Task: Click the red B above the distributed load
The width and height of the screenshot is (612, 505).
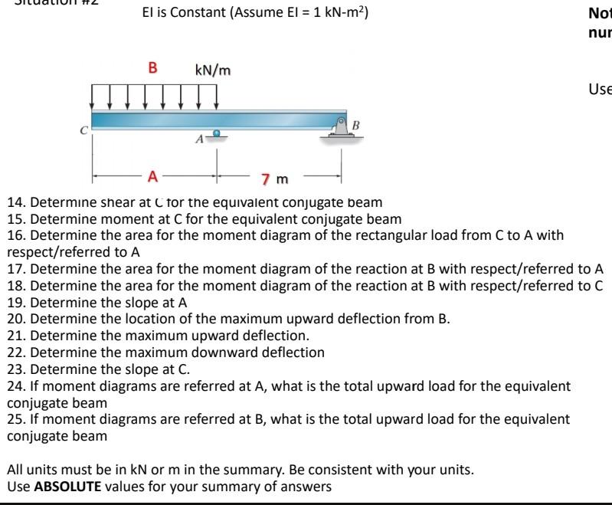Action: click(152, 67)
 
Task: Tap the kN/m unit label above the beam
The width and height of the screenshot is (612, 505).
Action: click(213, 71)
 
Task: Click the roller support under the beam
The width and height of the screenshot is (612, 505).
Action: click(218, 133)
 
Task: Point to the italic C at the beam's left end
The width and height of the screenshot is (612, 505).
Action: click(85, 130)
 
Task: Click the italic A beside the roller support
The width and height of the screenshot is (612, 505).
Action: click(199, 139)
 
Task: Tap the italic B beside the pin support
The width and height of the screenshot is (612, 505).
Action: click(356, 123)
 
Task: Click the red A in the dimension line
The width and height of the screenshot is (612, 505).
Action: click(153, 178)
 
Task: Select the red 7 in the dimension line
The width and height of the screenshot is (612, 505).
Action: click(265, 180)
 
